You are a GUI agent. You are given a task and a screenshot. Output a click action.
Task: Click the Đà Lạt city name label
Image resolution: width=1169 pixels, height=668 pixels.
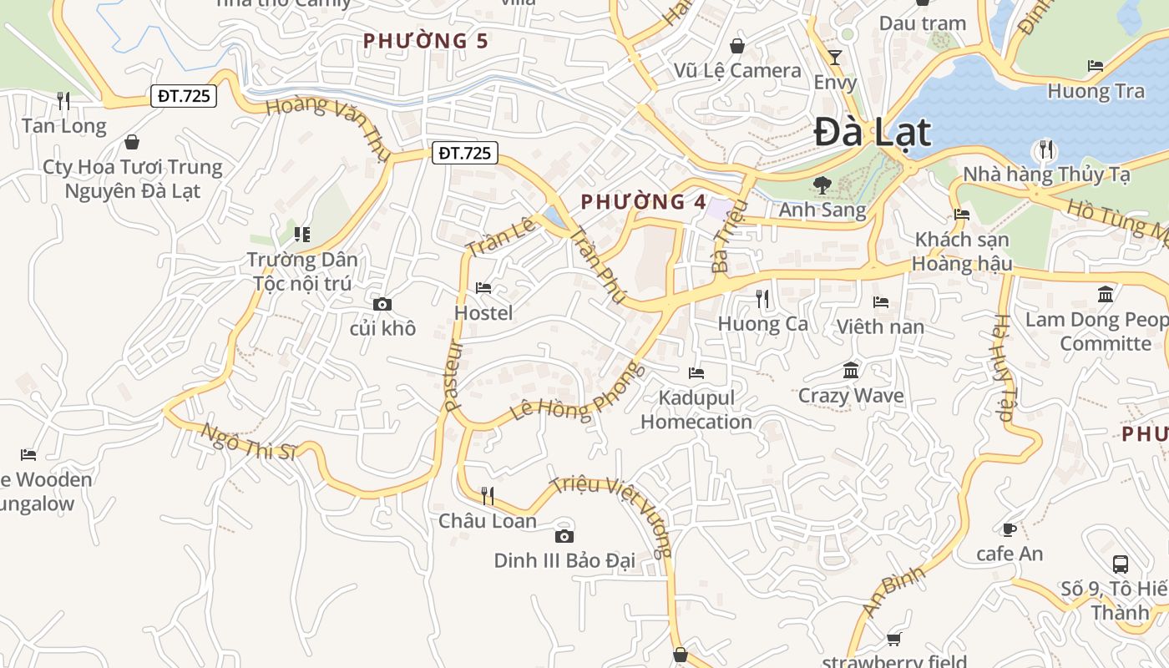(x=872, y=132)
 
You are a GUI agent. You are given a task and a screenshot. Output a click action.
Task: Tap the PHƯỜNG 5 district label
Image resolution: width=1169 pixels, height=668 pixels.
(x=426, y=40)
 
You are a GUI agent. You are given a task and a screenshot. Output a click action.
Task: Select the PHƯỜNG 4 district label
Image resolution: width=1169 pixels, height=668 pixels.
(x=643, y=201)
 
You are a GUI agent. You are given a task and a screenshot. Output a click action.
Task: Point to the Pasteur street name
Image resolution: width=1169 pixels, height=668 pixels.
(x=453, y=376)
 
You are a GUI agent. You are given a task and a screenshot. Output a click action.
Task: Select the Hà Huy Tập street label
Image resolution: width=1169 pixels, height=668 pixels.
(x=1005, y=367)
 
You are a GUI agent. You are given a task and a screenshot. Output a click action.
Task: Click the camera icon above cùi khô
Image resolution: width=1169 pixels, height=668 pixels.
(x=382, y=304)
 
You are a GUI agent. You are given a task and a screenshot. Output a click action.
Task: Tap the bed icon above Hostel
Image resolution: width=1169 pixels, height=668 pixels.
(x=483, y=288)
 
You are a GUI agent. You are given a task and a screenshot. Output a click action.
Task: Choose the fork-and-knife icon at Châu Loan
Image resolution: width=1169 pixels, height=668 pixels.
(x=488, y=496)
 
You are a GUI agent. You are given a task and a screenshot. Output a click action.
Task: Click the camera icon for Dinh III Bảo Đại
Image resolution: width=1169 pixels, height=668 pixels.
(x=564, y=536)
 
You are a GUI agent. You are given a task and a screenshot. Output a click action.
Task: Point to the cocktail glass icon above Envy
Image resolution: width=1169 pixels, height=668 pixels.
(x=835, y=57)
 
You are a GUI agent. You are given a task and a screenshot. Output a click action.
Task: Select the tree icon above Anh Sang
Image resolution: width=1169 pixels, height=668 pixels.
(x=822, y=185)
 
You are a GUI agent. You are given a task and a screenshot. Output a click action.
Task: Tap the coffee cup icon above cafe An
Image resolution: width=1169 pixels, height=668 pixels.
(x=1010, y=529)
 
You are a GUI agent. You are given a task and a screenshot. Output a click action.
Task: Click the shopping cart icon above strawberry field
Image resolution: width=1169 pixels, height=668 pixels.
(x=894, y=639)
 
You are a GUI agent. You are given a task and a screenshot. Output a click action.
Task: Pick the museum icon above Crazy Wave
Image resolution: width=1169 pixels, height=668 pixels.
(x=851, y=370)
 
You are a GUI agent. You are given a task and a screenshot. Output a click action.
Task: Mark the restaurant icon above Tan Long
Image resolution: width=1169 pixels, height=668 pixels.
(x=63, y=100)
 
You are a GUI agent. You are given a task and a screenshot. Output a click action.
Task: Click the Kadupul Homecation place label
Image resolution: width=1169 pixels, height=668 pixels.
(x=696, y=409)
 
